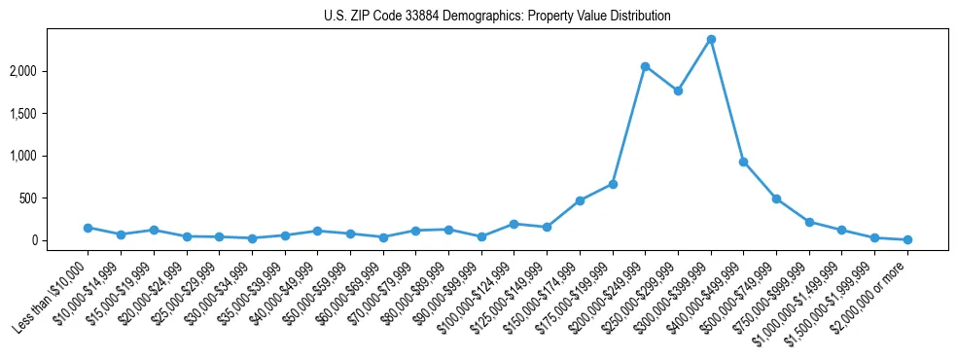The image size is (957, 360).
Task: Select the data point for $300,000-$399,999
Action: [711, 39]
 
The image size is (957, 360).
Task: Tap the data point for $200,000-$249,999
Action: [646, 66]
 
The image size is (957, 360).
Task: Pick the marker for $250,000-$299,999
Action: [678, 90]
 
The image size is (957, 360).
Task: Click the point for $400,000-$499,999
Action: [744, 162]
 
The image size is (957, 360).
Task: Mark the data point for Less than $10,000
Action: [88, 228]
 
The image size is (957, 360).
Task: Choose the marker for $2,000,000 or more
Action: [907, 239]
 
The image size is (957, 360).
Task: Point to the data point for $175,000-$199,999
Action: [613, 184]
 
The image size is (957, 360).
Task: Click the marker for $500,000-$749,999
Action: [776, 198]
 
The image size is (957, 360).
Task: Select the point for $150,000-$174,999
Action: [580, 200]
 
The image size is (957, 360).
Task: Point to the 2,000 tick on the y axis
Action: [51, 71]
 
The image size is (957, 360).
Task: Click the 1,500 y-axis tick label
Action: [51, 114]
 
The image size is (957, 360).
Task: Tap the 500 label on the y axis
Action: [56, 198]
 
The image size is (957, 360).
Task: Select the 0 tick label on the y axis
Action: [61, 240]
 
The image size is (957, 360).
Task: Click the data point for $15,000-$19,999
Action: [154, 231]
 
